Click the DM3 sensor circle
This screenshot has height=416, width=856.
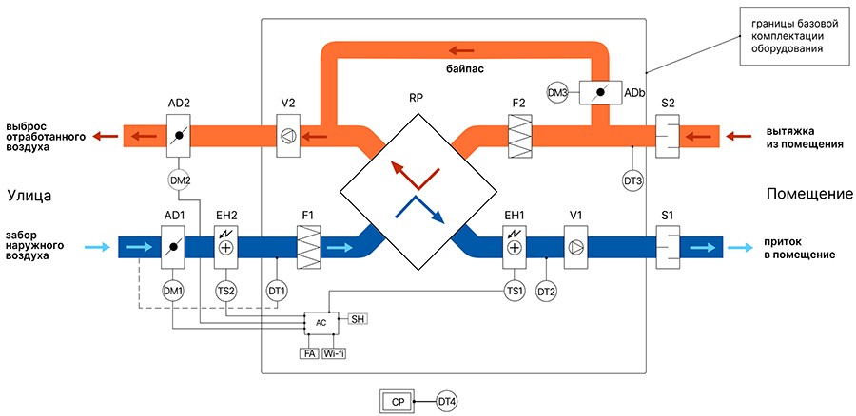tap(558, 92)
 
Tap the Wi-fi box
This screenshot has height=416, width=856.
tap(334, 352)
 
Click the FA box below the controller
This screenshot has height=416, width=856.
tap(309, 352)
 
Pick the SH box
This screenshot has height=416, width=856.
tap(359, 318)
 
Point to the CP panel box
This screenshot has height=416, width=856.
tap(398, 402)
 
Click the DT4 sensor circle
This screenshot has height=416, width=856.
tap(446, 402)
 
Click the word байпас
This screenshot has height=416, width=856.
tap(465, 71)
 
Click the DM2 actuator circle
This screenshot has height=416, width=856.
tap(179, 180)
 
